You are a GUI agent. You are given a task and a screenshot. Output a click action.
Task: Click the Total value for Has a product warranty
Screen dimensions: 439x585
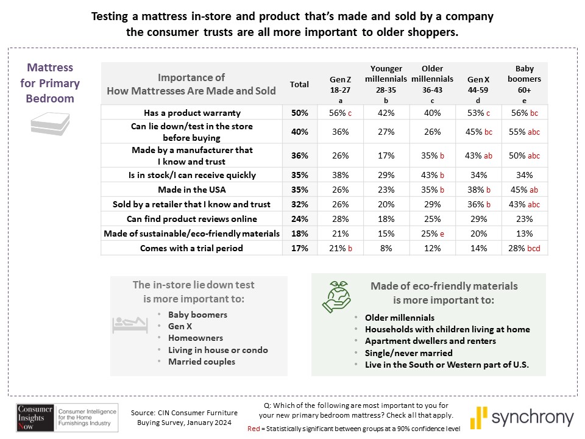point(299,113)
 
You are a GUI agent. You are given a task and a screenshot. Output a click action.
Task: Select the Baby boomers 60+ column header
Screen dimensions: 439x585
point(524,84)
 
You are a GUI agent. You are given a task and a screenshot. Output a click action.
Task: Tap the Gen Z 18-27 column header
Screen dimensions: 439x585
point(341,88)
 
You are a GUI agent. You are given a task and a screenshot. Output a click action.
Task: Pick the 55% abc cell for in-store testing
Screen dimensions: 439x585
point(524,131)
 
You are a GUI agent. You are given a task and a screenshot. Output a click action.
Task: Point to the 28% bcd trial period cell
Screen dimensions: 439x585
point(524,248)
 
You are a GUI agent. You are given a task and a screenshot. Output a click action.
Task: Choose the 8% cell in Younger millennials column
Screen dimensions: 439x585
point(386,248)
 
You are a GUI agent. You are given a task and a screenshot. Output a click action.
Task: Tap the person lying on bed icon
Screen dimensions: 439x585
point(130,324)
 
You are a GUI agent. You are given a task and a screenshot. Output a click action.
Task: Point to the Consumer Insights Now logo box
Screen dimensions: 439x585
point(35,418)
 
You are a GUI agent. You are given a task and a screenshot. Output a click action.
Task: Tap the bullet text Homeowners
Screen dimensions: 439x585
point(196,338)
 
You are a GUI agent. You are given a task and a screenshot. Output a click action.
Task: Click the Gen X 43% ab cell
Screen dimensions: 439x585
point(478,155)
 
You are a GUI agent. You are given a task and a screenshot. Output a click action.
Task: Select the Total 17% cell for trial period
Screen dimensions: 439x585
point(299,248)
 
